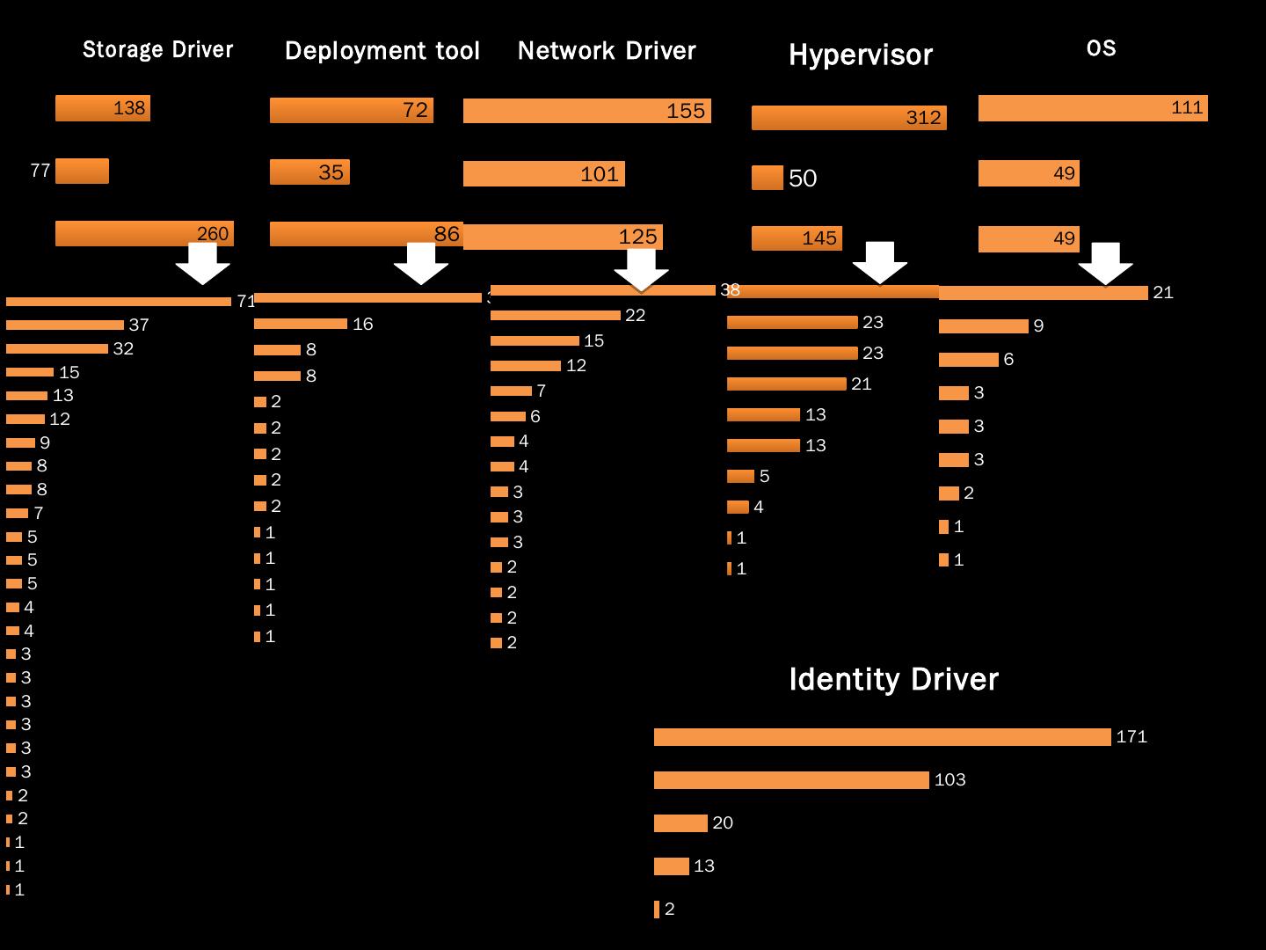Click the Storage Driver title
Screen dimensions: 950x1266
pos(158,49)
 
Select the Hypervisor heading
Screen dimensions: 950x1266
pos(860,55)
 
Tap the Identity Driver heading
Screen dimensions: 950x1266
pos(893,679)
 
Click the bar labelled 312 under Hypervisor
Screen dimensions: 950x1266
pos(848,118)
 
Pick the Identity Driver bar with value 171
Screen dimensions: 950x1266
pos(882,737)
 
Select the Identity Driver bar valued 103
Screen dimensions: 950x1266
pos(791,780)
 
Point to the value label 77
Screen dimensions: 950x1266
pos(40,171)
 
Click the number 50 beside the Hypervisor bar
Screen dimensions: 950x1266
pos(803,179)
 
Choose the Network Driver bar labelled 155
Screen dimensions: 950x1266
pos(586,111)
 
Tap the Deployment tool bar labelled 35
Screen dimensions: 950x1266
pos(309,172)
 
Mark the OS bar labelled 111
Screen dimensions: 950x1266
pos(1093,108)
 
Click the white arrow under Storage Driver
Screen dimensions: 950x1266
pos(203,263)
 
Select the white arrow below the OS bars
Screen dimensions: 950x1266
pos(1105,263)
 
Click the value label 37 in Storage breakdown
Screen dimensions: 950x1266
pos(139,325)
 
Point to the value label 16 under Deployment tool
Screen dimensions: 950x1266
pos(363,325)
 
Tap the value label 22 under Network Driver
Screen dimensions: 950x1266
pos(635,316)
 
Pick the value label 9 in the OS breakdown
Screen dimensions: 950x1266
pos(1038,326)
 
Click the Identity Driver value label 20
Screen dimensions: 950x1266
pos(723,823)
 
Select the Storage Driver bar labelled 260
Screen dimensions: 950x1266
pos(144,233)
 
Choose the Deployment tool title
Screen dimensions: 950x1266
pos(382,51)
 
